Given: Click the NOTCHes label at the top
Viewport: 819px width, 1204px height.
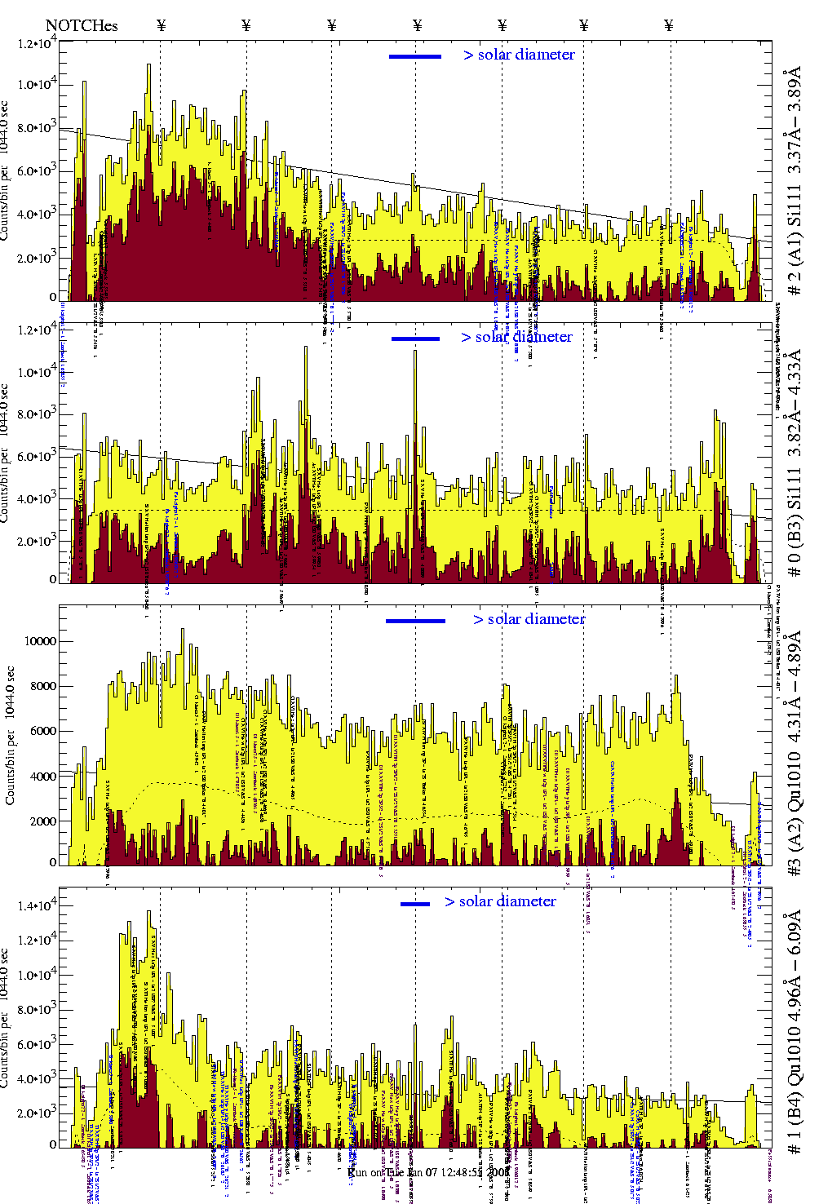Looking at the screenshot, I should [82, 26].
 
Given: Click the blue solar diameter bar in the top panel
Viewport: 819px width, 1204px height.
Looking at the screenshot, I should [415, 56].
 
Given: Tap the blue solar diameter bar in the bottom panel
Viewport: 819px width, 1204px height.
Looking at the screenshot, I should [415, 904].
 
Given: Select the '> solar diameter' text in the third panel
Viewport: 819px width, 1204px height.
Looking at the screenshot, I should [529, 620].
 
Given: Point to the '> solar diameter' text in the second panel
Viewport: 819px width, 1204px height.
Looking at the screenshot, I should [516, 338].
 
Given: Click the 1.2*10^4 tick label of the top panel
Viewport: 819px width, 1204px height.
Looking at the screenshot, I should [37, 42].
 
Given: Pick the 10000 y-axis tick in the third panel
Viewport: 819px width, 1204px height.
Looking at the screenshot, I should [41, 641].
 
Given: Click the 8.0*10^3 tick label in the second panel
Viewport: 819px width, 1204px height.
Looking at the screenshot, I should [37, 414].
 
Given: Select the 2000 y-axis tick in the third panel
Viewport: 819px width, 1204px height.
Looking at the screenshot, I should [42, 821].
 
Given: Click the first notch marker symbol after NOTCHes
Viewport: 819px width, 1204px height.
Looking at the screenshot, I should [162, 26].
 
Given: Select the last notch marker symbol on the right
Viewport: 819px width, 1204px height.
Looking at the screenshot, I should [669, 26].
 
